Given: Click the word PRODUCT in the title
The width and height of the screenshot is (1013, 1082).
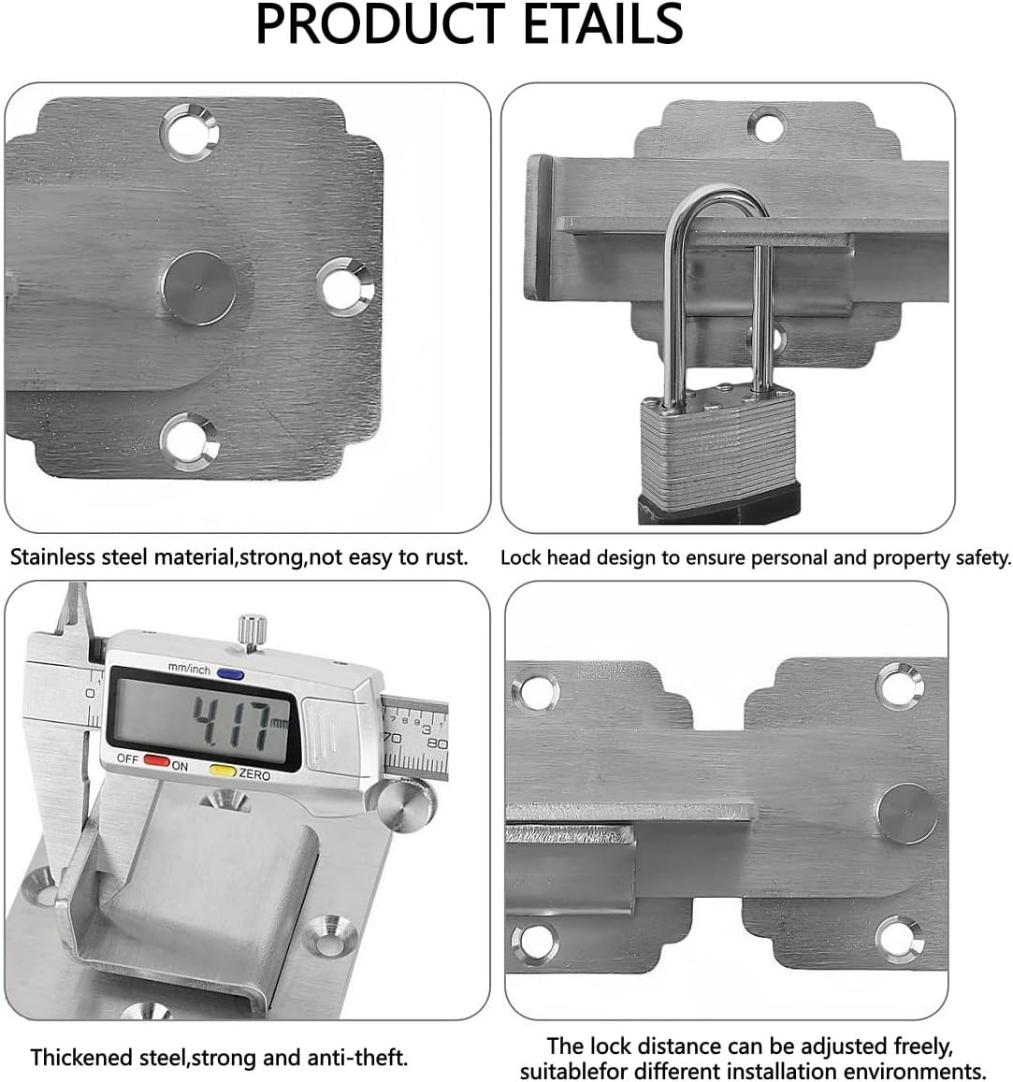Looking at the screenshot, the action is tap(380, 25).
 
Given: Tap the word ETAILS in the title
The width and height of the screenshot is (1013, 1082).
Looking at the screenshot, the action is tap(603, 25).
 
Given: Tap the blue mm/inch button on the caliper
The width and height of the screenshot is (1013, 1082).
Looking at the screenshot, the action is tap(230, 674).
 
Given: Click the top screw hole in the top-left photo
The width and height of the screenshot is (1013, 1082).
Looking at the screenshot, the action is tap(190, 133).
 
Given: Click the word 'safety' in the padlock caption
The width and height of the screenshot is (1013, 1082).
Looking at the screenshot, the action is tap(983, 557).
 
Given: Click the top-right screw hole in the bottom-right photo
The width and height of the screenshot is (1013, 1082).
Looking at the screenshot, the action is tap(900, 685).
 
